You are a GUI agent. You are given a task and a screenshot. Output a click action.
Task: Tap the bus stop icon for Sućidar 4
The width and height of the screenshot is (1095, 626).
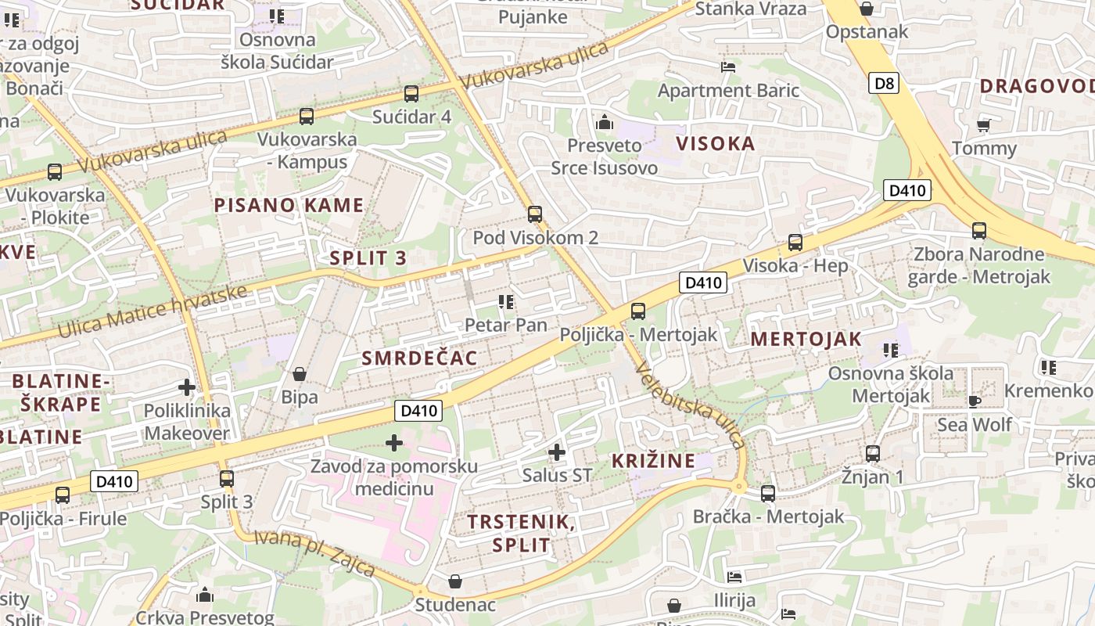(x=411, y=94)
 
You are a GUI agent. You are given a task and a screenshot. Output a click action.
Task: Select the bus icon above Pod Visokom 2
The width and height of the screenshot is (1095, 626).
(x=535, y=214)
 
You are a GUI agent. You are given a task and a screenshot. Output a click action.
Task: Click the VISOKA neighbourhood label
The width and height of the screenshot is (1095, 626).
(x=716, y=143)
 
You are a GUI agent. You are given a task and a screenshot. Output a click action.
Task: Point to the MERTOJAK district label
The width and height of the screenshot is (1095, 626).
(x=806, y=339)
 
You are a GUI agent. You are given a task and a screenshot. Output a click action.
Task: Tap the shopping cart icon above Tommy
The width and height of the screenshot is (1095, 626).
(x=984, y=125)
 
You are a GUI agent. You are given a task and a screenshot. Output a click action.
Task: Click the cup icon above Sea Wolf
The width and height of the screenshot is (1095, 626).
(x=974, y=401)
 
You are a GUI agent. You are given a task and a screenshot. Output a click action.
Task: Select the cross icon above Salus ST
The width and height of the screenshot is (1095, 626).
(x=557, y=452)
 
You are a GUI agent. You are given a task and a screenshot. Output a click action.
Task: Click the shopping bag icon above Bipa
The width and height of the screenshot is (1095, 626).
(x=299, y=374)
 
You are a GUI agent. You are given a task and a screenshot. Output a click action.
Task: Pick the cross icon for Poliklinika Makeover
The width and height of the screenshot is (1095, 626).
(x=187, y=387)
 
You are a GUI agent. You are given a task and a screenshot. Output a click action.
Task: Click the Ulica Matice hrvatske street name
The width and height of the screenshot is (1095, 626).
(x=153, y=312)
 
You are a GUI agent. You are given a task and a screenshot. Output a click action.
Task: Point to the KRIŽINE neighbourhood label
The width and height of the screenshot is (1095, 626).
(x=653, y=461)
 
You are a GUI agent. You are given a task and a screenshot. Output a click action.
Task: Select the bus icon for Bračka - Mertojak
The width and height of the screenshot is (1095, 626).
(x=768, y=494)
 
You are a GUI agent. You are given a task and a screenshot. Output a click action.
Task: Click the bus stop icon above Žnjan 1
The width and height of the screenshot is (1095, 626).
(x=873, y=454)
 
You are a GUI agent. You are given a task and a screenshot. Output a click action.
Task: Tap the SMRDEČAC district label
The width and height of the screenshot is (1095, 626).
(x=419, y=358)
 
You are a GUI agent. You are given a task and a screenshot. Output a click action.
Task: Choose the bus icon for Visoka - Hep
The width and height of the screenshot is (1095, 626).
(x=795, y=243)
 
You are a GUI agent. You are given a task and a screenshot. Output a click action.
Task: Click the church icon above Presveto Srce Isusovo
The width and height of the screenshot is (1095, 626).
(x=604, y=123)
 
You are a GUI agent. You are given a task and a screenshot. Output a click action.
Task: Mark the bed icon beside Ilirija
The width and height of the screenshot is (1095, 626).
(x=734, y=577)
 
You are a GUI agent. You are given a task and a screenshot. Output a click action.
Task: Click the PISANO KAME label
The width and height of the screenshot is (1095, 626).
(x=289, y=206)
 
